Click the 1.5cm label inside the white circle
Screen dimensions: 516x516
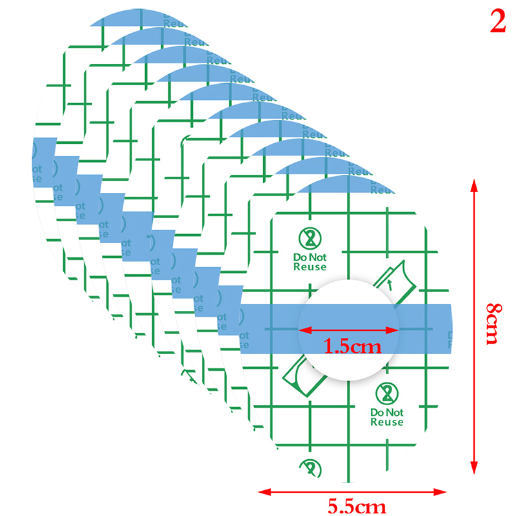point(352,346)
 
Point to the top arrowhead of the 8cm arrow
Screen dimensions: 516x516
point(475,186)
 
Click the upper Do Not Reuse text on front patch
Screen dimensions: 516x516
point(310,262)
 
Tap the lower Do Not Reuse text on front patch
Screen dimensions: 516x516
point(387,417)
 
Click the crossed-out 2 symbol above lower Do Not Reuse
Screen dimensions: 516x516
point(387,393)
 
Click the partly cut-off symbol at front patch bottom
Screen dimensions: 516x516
point(311,467)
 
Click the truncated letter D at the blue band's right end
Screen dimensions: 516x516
point(450,335)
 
